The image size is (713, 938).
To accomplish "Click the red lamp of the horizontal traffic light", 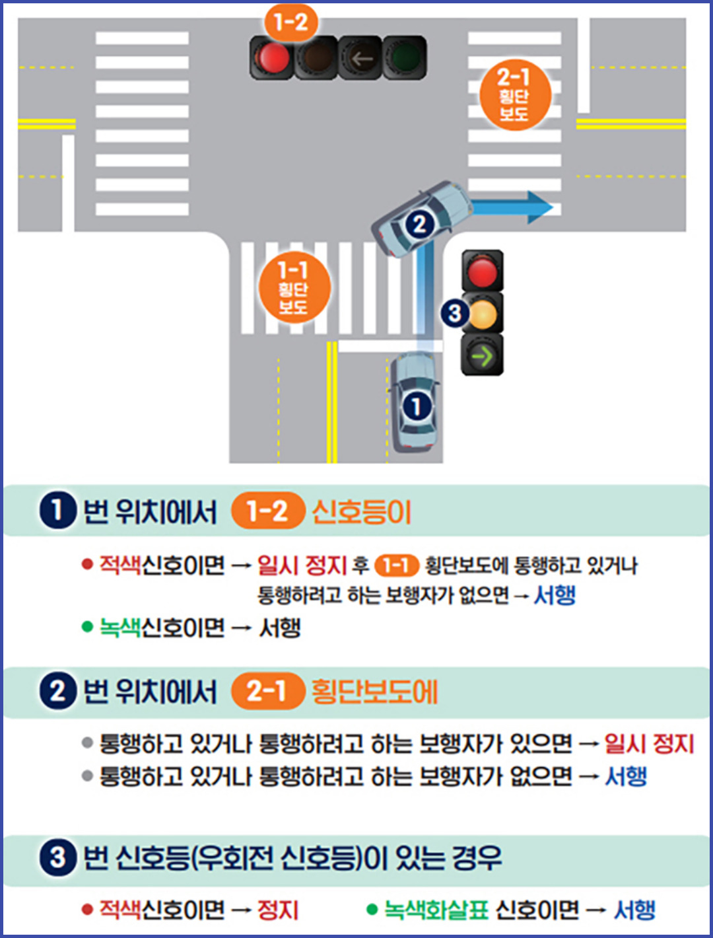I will [x=272, y=58].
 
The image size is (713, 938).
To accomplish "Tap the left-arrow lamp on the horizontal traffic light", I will [x=360, y=59].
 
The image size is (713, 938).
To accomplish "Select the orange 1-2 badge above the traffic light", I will [x=290, y=22].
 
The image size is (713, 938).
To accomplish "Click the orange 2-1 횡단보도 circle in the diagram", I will [x=514, y=95].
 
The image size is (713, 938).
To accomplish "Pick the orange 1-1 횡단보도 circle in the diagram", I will [x=294, y=288].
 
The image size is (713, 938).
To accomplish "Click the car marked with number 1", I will [x=415, y=403].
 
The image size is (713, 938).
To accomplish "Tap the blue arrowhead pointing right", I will [x=540, y=207].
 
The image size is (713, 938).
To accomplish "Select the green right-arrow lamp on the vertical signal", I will [x=483, y=356].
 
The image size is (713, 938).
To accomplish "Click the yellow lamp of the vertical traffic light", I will [x=483, y=314].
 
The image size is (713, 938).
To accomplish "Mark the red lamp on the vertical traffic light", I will [x=483, y=271].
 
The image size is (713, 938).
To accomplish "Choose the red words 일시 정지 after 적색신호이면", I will [x=302, y=565].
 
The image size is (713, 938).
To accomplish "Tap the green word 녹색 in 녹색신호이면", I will [x=119, y=627].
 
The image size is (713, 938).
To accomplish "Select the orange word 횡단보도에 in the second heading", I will [x=374, y=692].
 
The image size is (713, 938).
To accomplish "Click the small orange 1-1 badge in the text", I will [x=396, y=565].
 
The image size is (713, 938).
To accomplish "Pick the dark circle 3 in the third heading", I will [x=58, y=857].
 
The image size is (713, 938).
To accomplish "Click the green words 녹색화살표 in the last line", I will [x=436, y=910].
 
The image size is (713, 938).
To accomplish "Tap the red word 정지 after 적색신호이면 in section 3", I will [x=278, y=910].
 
